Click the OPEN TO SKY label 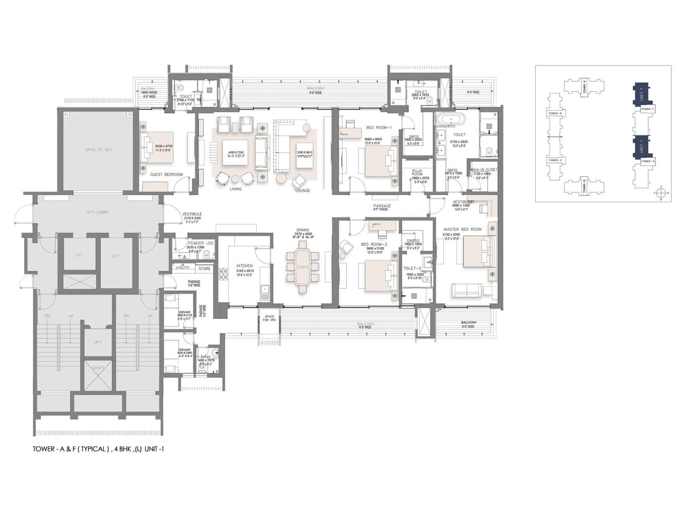(99, 150)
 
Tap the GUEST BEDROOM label (166, 175)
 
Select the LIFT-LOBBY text (98, 212)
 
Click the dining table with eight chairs (303, 267)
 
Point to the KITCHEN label (245, 266)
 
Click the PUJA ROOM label (417, 172)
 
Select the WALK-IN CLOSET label (484, 169)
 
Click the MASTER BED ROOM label (463, 229)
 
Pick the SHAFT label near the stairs (98, 367)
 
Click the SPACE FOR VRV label (269, 318)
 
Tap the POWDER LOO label (201, 243)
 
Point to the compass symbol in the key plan (661, 193)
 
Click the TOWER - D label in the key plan (555, 113)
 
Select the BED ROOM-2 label (374, 244)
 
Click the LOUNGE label (303, 190)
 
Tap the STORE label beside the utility (204, 269)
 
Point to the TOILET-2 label (412, 268)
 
